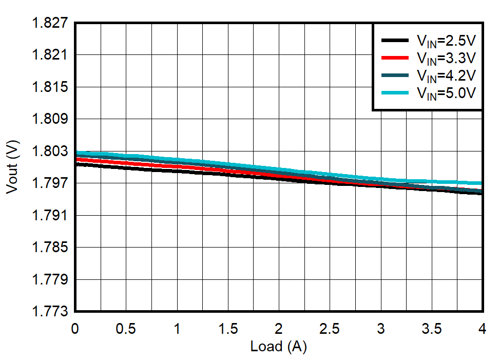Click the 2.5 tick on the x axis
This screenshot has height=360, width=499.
[330, 329]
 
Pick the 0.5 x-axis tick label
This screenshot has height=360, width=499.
[126, 329]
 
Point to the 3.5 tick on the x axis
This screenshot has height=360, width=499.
[431, 329]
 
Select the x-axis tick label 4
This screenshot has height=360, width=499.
[482, 329]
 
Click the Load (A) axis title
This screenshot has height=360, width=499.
[278, 347]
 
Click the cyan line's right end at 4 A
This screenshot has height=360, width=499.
[482, 183]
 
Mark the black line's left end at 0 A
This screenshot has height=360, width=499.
[76, 164]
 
